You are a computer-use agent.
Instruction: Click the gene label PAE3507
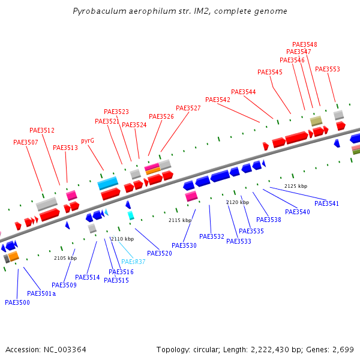click(x=26, y=142)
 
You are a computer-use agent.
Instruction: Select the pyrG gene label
click(x=88, y=140)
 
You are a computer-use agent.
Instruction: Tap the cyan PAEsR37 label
click(x=133, y=262)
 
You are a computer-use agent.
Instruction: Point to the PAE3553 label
click(x=328, y=69)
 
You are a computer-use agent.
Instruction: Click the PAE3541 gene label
click(x=326, y=203)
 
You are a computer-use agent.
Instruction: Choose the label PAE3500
click(x=17, y=302)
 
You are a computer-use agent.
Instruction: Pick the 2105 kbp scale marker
click(x=65, y=258)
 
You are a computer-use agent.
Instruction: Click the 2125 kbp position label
click(x=296, y=186)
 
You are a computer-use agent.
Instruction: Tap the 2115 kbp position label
click(x=180, y=220)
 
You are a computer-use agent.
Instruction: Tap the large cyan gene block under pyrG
click(x=108, y=183)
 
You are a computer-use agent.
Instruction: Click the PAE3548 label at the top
click(x=305, y=44)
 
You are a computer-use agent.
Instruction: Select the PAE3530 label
click(x=184, y=245)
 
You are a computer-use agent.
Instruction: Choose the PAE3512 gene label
click(x=42, y=130)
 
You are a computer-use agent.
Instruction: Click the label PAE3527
click(x=188, y=108)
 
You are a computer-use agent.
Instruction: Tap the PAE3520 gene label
click(x=160, y=253)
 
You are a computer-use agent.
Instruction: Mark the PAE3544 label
click(x=244, y=92)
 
